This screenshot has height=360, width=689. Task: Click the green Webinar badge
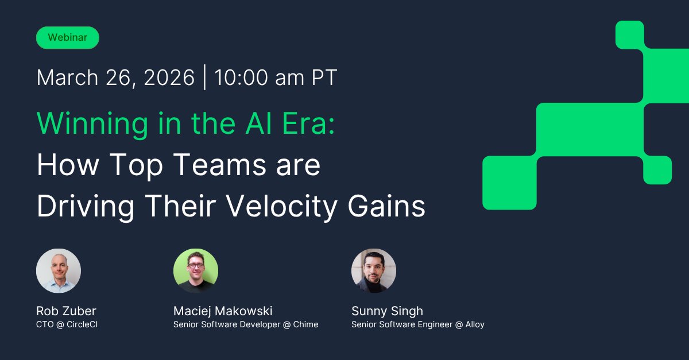68,37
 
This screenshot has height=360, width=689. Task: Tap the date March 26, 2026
115,78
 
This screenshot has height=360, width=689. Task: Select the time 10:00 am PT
276,78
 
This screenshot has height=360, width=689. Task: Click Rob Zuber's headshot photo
59,270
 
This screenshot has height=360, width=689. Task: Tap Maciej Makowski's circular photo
196,270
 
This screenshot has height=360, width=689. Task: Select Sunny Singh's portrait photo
374,270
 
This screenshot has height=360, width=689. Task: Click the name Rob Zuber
66,311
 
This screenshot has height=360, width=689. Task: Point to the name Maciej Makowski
223,311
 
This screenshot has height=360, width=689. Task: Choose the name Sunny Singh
387,311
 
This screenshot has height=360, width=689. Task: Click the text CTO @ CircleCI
67,324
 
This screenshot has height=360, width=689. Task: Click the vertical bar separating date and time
205,78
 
